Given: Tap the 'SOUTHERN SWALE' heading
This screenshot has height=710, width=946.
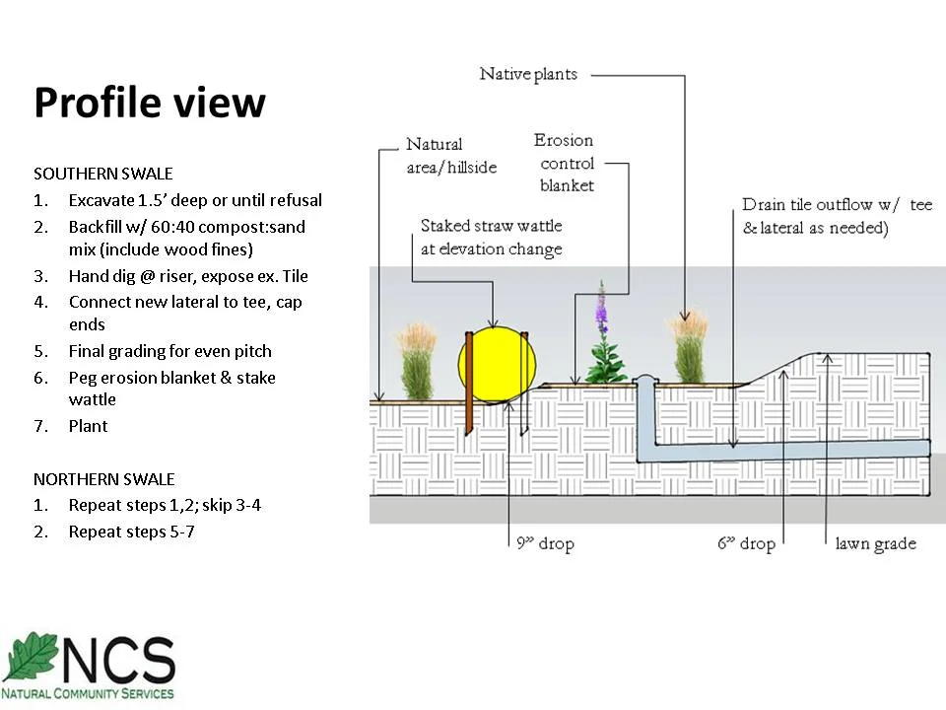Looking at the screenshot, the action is click(103, 174).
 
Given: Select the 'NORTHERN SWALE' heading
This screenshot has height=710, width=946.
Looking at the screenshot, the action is click(104, 479).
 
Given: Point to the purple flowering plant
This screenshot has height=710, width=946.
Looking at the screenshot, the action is click(604, 340).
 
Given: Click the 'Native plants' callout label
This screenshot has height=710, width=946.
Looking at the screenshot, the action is click(528, 74).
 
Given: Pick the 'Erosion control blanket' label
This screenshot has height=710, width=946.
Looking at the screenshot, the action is click(567, 163).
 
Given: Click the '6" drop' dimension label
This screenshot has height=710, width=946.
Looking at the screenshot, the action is click(745, 543).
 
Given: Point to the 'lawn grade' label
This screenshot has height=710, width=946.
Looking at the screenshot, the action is click(875, 543).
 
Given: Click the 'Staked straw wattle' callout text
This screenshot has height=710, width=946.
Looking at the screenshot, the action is click(491, 237).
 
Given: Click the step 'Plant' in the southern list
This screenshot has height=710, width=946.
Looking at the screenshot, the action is click(88, 426).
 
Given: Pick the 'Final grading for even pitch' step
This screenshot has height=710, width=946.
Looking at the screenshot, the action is click(169, 351).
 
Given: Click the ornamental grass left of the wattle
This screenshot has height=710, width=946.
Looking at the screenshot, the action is click(418, 363).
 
